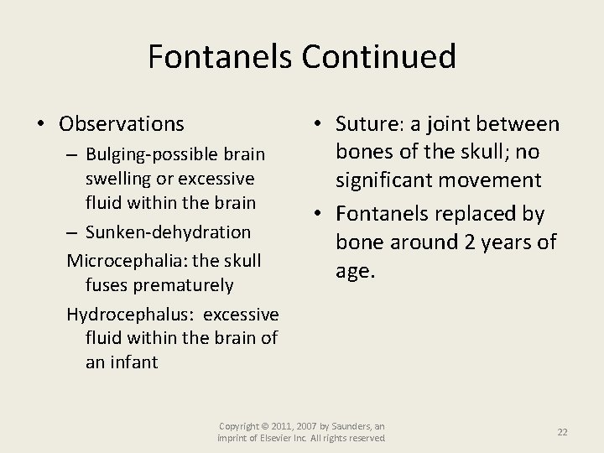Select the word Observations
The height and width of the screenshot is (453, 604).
pyautogui.click(x=122, y=124)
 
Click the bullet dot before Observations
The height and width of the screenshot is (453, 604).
pyautogui.click(x=41, y=125)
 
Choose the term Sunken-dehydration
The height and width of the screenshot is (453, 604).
pyautogui.click(x=168, y=231)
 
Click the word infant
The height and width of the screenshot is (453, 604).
pyautogui.click(x=134, y=363)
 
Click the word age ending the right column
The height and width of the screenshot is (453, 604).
pyautogui.click(x=354, y=271)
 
